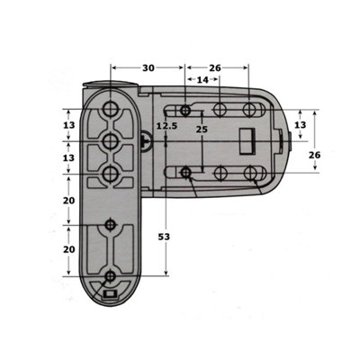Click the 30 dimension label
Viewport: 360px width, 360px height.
pyautogui.click(x=148, y=68)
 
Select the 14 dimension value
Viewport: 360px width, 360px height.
pyautogui.click(x=202, y=80)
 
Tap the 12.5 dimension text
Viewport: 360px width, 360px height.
pyautogui.click(x=167, y=126)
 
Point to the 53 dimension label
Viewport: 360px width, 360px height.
pyautogui.click(x=164, y=237)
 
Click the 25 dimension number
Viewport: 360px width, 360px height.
pyautogui.click(x=202, y=130)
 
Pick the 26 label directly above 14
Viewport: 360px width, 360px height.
pyautogui.click(x=215, y=68)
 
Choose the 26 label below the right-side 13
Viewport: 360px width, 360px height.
pyautogui.click(x=315, y=155)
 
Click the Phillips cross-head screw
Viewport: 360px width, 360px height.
pyautogui.click(x=146, y=141)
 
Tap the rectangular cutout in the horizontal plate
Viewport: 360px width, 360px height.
pyautogui.click(x=247, y=141)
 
